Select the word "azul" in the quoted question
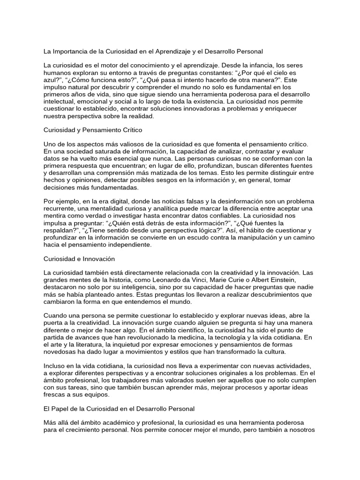(x=51, y=81)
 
